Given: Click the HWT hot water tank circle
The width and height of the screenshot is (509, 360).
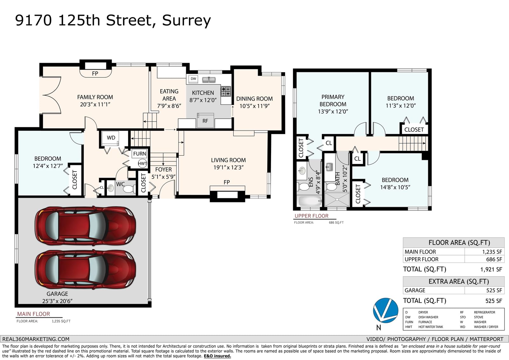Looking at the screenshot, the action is coord(143,163).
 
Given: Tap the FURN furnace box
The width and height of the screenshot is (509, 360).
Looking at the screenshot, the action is coord(140,154).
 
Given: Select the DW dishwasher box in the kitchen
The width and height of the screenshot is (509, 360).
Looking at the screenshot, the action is coord(193,79).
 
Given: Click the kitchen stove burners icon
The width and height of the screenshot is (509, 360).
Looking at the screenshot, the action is coord(226,91).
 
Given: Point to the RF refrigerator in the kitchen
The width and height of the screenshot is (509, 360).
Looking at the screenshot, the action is coord(206,121).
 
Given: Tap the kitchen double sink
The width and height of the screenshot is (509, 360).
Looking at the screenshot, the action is coord(209,80).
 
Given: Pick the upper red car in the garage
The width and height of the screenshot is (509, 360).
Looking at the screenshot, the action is coord(86,226).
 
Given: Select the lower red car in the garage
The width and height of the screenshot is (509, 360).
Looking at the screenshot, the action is coord(86,270).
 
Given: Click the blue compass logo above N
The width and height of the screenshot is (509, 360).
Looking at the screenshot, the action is coord(386,310).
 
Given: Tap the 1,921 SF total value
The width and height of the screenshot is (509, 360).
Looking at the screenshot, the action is coord(491,270).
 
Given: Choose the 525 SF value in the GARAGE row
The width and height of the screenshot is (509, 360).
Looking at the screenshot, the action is coord(494,290).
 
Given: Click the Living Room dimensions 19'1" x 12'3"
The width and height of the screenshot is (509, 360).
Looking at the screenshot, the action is coord(228,168).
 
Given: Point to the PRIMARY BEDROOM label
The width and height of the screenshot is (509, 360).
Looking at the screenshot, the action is coord(333,101).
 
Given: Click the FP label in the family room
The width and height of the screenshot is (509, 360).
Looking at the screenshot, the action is coord(95,74).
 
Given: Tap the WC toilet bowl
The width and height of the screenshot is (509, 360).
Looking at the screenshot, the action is coord(129,189).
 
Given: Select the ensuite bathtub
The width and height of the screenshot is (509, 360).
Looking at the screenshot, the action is coord(310,201).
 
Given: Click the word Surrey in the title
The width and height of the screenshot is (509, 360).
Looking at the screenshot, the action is coord(186,21).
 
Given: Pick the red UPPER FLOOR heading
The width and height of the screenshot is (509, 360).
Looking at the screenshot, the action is coord(311,216).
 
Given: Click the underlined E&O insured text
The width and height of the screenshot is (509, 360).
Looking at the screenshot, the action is coord(217,356).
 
